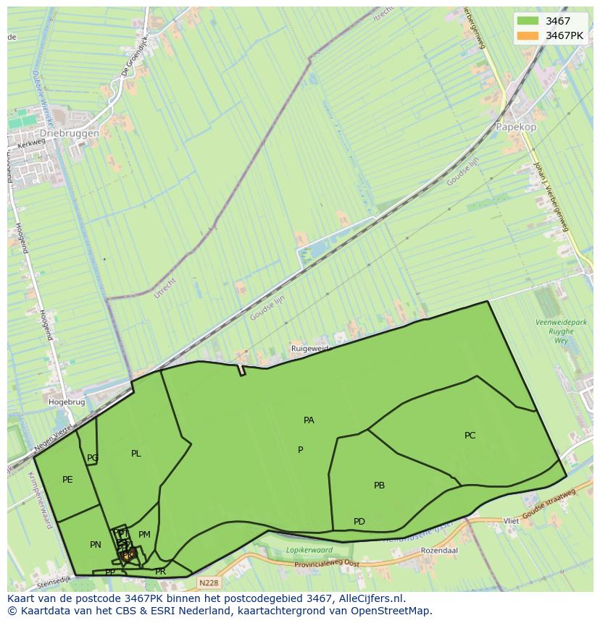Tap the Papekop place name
[516, 127]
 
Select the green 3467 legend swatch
[528, 21]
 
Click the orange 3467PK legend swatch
[528, 35]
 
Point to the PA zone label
[309, 420]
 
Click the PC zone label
[470, 436]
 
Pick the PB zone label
[379, 486]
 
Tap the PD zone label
[359, 522]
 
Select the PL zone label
[136, 454]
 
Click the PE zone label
[67, 480]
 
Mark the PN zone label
[95, 545]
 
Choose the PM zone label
[144, 535]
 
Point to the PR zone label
[160, 572]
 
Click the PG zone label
[92, 458]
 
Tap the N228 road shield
[208, 581]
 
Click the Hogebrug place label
[67, 402]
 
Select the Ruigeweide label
[309, 349]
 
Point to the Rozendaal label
[438, 551]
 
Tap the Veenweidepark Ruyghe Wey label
[555, 331]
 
